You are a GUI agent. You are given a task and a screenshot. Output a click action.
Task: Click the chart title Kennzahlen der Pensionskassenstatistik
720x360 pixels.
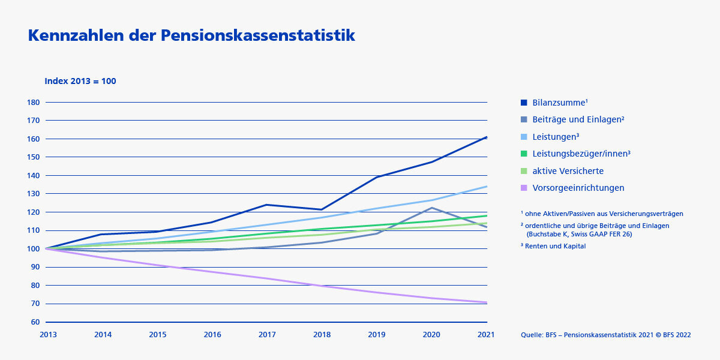coord(191,36)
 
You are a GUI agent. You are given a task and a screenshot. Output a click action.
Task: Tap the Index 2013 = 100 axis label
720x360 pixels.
coord(80,81)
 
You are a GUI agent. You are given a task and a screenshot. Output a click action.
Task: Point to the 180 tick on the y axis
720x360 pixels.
coord(34,102)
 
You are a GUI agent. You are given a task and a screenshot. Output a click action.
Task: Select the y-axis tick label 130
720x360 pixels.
coord(34,194)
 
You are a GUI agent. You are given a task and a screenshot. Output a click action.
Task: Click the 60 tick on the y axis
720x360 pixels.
coord(35,322)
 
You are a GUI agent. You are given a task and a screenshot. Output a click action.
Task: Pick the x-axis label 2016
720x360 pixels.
coord(212,335)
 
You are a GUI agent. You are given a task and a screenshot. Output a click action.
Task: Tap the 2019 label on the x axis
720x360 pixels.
coord(377,335)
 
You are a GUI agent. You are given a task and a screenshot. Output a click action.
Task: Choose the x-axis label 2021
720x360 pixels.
coord(486,335)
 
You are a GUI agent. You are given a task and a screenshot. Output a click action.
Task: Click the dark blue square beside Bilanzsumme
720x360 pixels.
coord(524,103)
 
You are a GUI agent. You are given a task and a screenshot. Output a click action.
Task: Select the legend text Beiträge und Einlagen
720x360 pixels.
coord(578,119)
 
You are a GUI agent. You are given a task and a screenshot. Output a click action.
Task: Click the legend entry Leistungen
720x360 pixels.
coord(556,137)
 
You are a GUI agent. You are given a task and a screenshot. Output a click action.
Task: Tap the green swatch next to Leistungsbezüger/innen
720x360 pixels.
coord(524,154)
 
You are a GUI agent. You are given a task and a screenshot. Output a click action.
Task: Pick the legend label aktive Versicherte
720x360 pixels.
coord(568,171)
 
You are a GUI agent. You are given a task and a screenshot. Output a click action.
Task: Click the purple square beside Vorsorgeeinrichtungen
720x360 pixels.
coord(524,188)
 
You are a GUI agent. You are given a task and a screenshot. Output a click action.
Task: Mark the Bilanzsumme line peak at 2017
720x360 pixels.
coord(267,205)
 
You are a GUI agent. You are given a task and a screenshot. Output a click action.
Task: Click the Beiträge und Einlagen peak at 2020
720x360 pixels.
coord(431,208)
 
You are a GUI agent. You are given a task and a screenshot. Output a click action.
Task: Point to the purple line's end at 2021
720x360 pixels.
coord(486,302)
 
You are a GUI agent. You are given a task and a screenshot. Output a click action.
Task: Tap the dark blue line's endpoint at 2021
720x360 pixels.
coord(486,137)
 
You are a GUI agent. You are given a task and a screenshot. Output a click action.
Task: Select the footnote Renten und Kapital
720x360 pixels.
coord(553,246)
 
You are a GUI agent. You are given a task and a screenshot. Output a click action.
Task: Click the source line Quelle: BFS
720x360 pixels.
coord(605,335)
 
